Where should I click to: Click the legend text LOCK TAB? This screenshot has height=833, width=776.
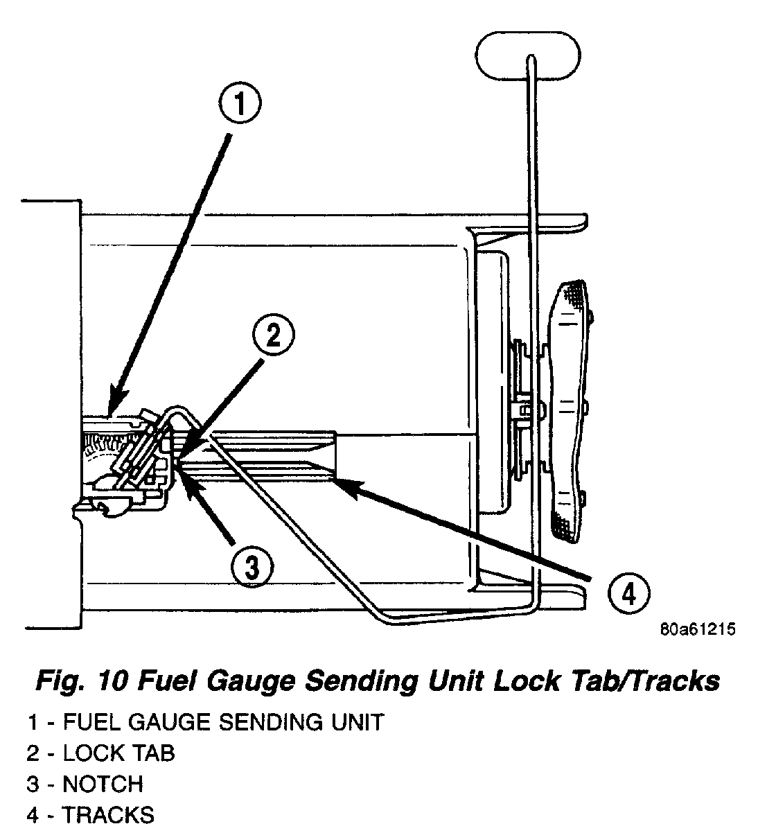click(119, 753)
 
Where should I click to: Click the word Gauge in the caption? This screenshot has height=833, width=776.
click(258, 682)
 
